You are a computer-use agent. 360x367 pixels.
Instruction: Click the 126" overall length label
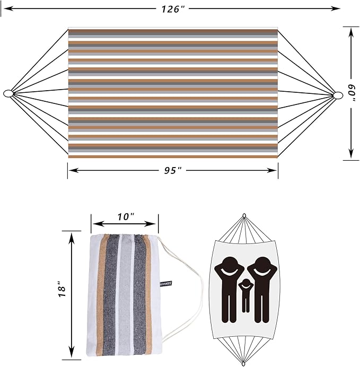point(174,8)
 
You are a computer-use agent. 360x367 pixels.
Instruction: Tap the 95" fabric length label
point(173,170)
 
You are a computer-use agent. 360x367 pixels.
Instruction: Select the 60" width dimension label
point(351,93)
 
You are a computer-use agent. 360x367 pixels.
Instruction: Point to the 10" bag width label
point(125,216)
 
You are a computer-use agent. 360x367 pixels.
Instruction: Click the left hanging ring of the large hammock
point(8,94)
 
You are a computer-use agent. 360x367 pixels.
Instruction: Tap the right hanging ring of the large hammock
point(338,95)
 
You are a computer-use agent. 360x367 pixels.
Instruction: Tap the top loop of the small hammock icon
point(244,216)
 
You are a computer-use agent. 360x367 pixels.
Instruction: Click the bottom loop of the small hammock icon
point(244,363)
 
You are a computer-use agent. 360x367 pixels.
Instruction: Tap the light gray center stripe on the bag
point(125,297)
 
